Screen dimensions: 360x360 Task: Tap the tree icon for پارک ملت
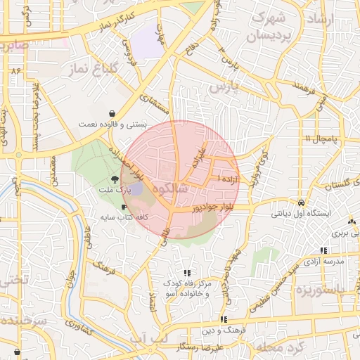coord(115,181)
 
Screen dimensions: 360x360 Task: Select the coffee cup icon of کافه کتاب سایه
coord(124,207)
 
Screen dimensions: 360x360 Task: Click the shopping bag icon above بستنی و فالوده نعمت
coord(112,113)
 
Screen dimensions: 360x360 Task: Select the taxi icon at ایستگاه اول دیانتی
coord(300,200)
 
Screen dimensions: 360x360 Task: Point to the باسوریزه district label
coord(321,290)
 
